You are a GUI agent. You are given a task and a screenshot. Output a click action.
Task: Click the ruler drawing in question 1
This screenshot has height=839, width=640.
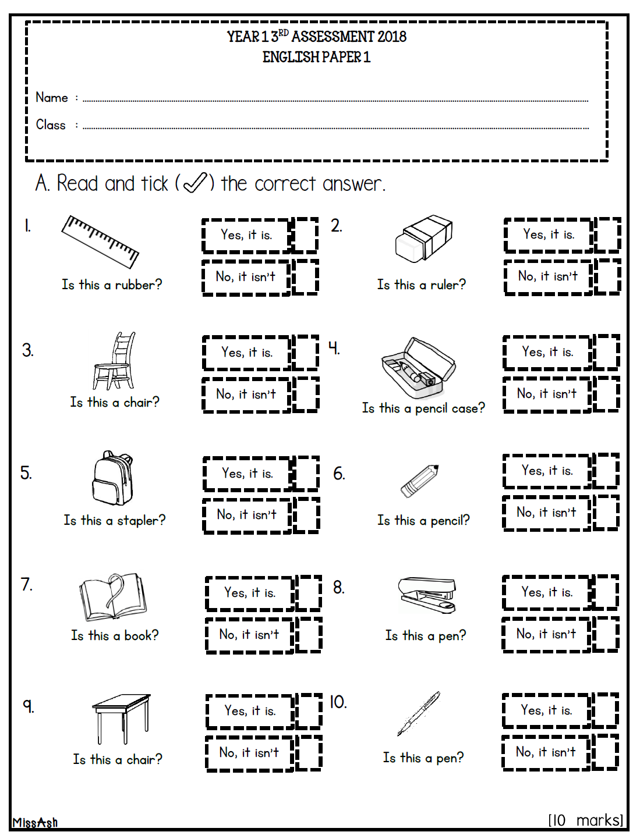[x=100, y=241]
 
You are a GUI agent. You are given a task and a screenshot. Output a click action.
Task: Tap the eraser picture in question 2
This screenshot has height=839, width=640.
[x=423, y=239]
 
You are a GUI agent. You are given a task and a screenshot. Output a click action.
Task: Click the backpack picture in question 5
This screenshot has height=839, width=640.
[x=113, y=478]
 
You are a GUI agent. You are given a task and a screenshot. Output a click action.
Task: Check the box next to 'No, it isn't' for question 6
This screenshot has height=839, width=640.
[x=606, y=513]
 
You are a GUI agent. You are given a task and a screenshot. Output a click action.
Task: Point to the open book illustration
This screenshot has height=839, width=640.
[x=113, y=597]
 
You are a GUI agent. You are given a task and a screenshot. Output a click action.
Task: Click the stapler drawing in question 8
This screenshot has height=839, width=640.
[x=427, y=594]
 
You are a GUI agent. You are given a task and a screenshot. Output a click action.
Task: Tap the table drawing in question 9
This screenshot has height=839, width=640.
[x=121, y=718]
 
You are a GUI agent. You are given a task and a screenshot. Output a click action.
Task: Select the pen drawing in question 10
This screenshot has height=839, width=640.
[x=419, y=714]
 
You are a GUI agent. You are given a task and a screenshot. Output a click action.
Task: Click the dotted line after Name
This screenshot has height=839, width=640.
[x=335, y=101]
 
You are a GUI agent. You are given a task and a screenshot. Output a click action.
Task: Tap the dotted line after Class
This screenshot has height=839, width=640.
[x=335, y=128]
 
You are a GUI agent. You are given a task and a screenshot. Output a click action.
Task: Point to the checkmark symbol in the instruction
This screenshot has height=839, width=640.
[x=195, y=183]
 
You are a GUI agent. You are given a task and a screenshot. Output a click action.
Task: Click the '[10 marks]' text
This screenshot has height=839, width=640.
[x=585, y=820]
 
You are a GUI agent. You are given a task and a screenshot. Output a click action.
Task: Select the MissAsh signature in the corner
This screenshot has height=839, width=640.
[x=35, y=822]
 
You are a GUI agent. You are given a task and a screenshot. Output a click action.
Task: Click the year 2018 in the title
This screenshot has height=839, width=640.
[x=392, y=37]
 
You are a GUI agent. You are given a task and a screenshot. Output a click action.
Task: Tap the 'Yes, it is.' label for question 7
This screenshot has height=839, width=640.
[x=250, y=593]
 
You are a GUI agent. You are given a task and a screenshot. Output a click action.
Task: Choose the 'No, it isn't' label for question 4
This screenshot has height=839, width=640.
[x=547, y=394]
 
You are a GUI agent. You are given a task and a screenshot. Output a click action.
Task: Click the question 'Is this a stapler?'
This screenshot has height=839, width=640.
[x=115, y=521]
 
